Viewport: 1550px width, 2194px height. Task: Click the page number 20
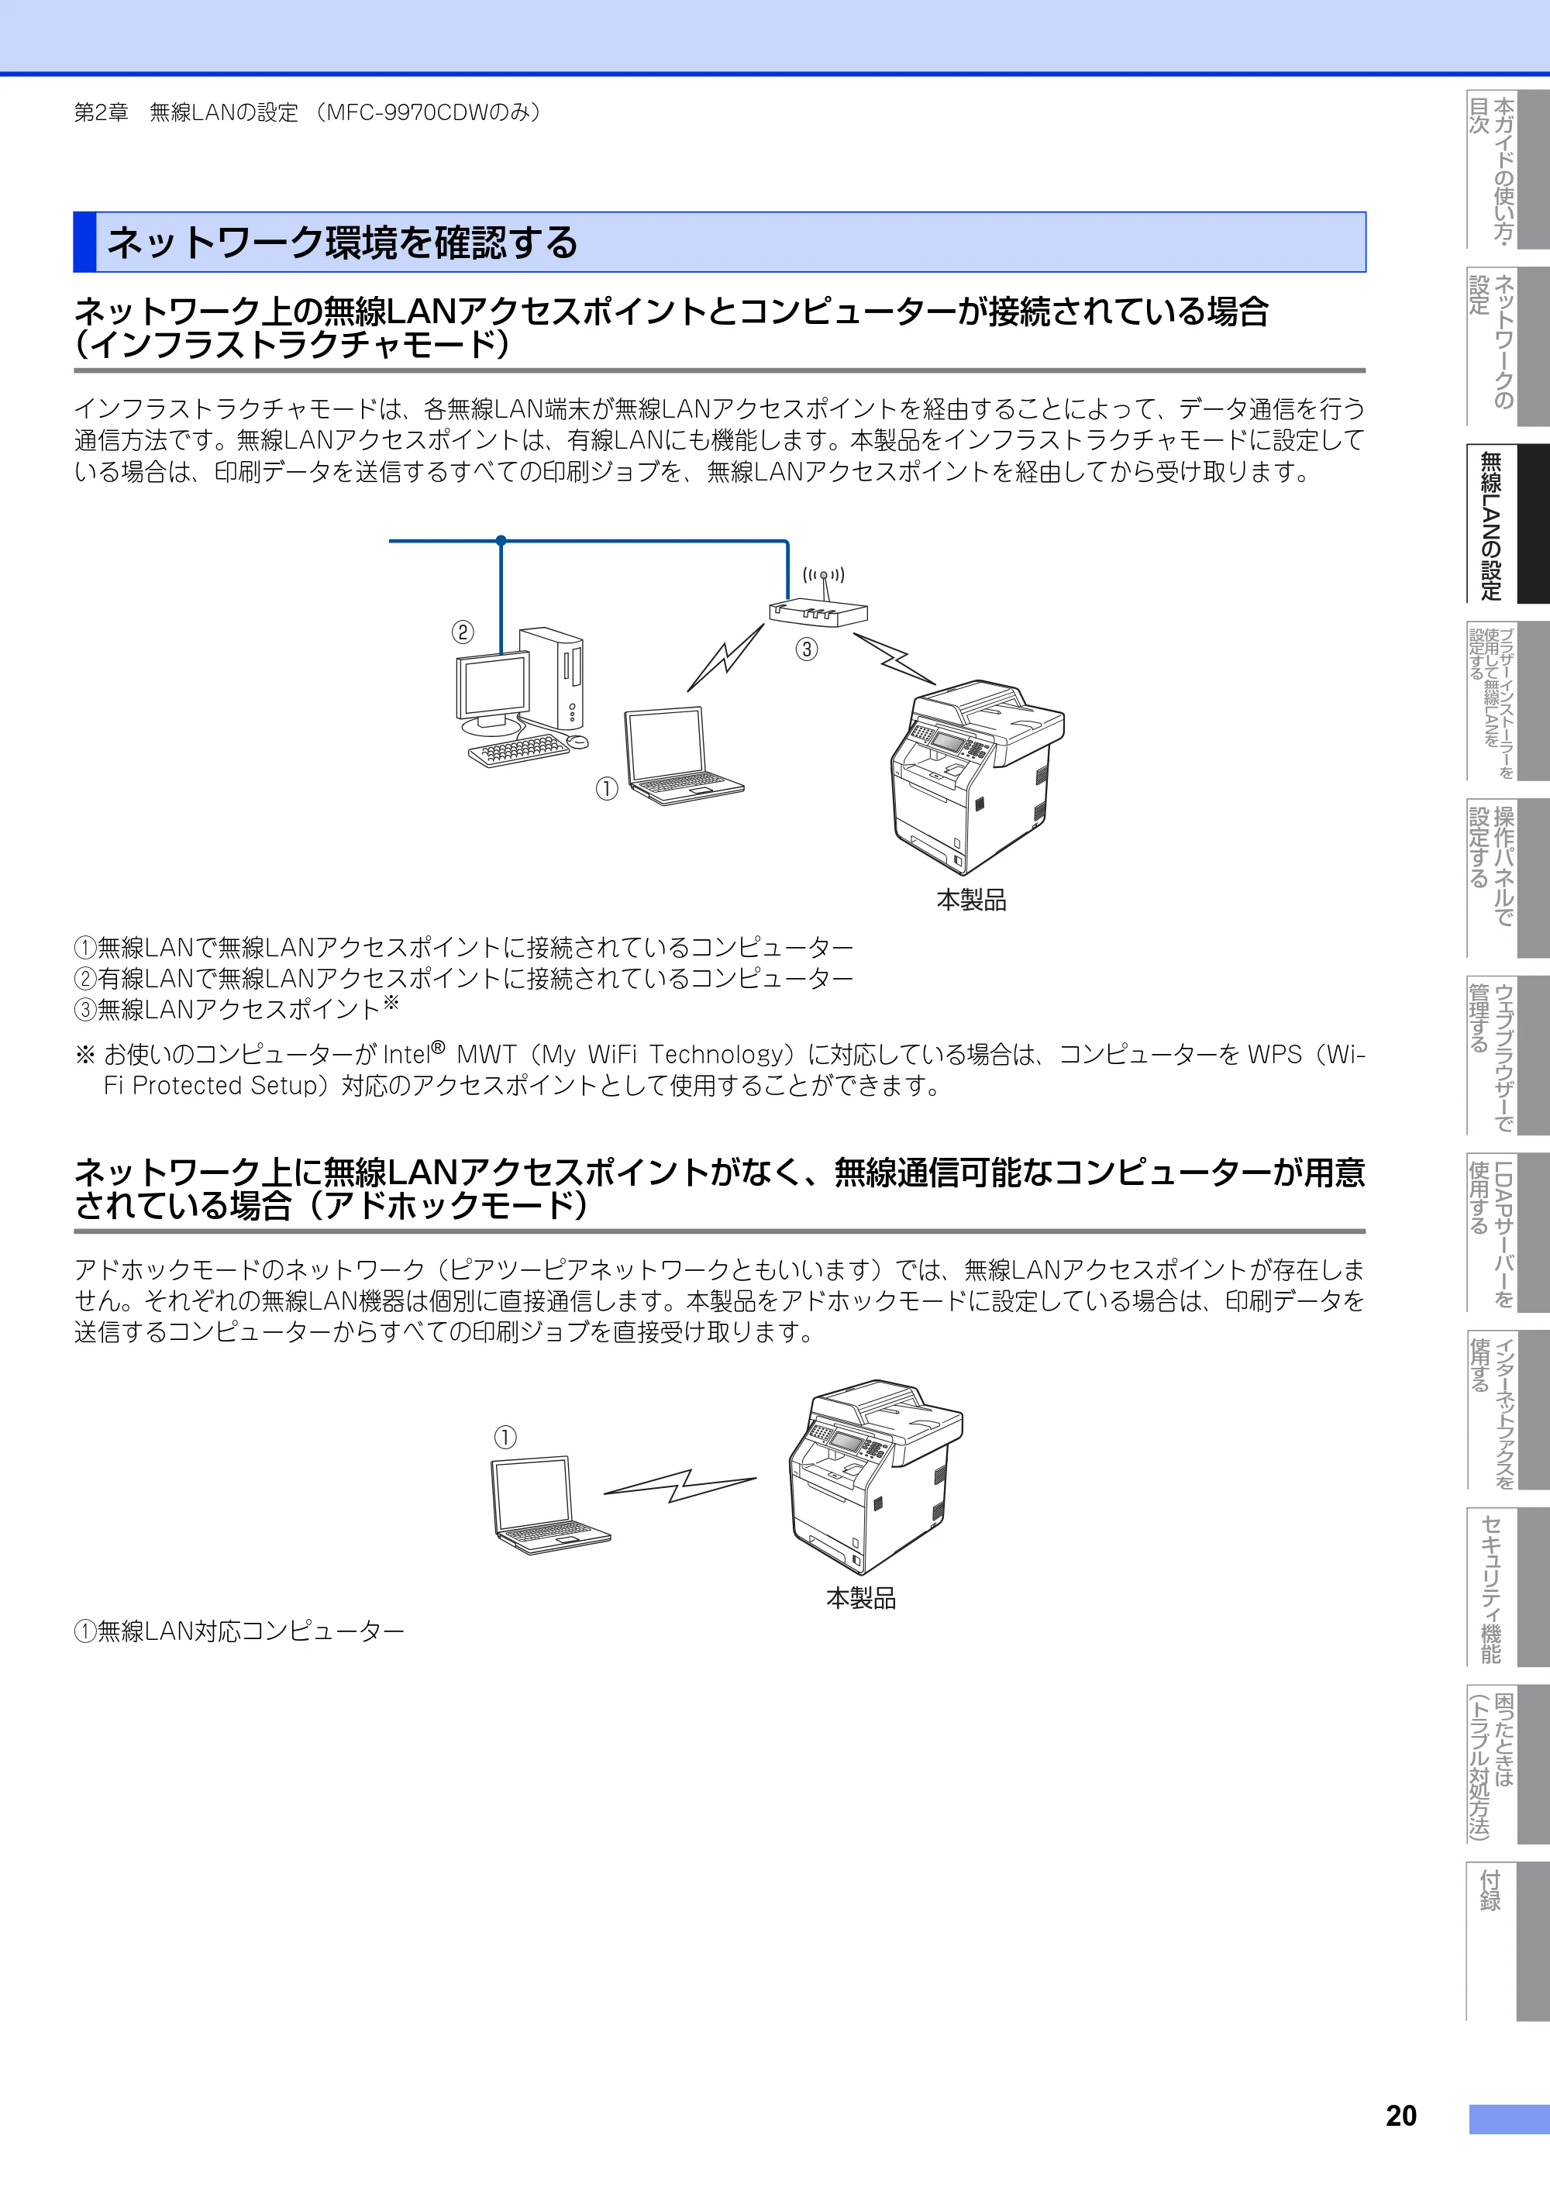point(1401,2117)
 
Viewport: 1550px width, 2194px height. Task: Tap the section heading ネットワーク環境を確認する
point(342,243)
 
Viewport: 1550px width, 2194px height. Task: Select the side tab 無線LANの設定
point(1491,525)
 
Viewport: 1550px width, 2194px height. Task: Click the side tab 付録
point(1491,1888)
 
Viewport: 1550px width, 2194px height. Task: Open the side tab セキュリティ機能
point(1491,1587)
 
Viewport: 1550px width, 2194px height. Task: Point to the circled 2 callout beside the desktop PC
point(463,632)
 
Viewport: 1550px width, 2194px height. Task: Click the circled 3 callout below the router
point(807,649)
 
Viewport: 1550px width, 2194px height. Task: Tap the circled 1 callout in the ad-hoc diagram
point(505,1437)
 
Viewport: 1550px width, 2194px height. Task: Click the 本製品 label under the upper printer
point(971,900)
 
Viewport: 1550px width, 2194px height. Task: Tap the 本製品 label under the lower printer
point(861,1598)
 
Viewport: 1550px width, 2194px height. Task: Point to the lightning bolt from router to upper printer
point(894,657)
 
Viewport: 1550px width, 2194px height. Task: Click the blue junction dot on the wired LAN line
point(501,541)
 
